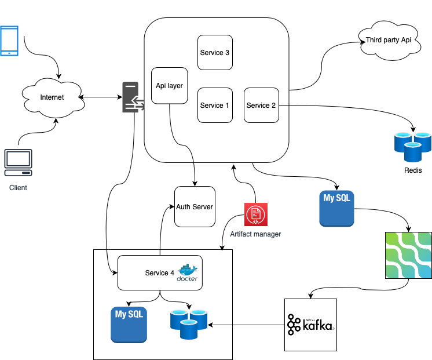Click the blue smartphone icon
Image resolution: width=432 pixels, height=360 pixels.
(x=9, y=41)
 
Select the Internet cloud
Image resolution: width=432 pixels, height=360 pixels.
(x=52, y=97)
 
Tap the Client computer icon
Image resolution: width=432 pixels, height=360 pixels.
(x=18, y=163)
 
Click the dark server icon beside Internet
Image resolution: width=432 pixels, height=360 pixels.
(x=131, y=97)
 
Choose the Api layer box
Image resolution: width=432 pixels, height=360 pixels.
(x=169, y=86)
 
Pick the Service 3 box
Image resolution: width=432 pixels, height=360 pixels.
(x=215, y=53)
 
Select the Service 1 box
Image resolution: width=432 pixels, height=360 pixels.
(x=215, y=106)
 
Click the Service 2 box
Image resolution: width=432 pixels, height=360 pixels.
(x=261, y=106)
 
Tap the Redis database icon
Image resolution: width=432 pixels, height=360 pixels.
(x=413, y=146)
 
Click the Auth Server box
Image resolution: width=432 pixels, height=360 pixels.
(x=195, y=207)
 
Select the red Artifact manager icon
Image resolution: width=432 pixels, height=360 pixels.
(x=255, y=214)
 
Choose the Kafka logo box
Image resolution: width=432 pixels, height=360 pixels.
(x=310, y=325)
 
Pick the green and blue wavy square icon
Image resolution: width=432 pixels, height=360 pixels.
(x=408, y=255)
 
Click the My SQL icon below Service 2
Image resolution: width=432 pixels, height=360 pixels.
(x=337, y=208)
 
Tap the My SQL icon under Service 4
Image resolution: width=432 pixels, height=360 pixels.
(x=129, y=324)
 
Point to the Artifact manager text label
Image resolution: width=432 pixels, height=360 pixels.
(x=255, y=234)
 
